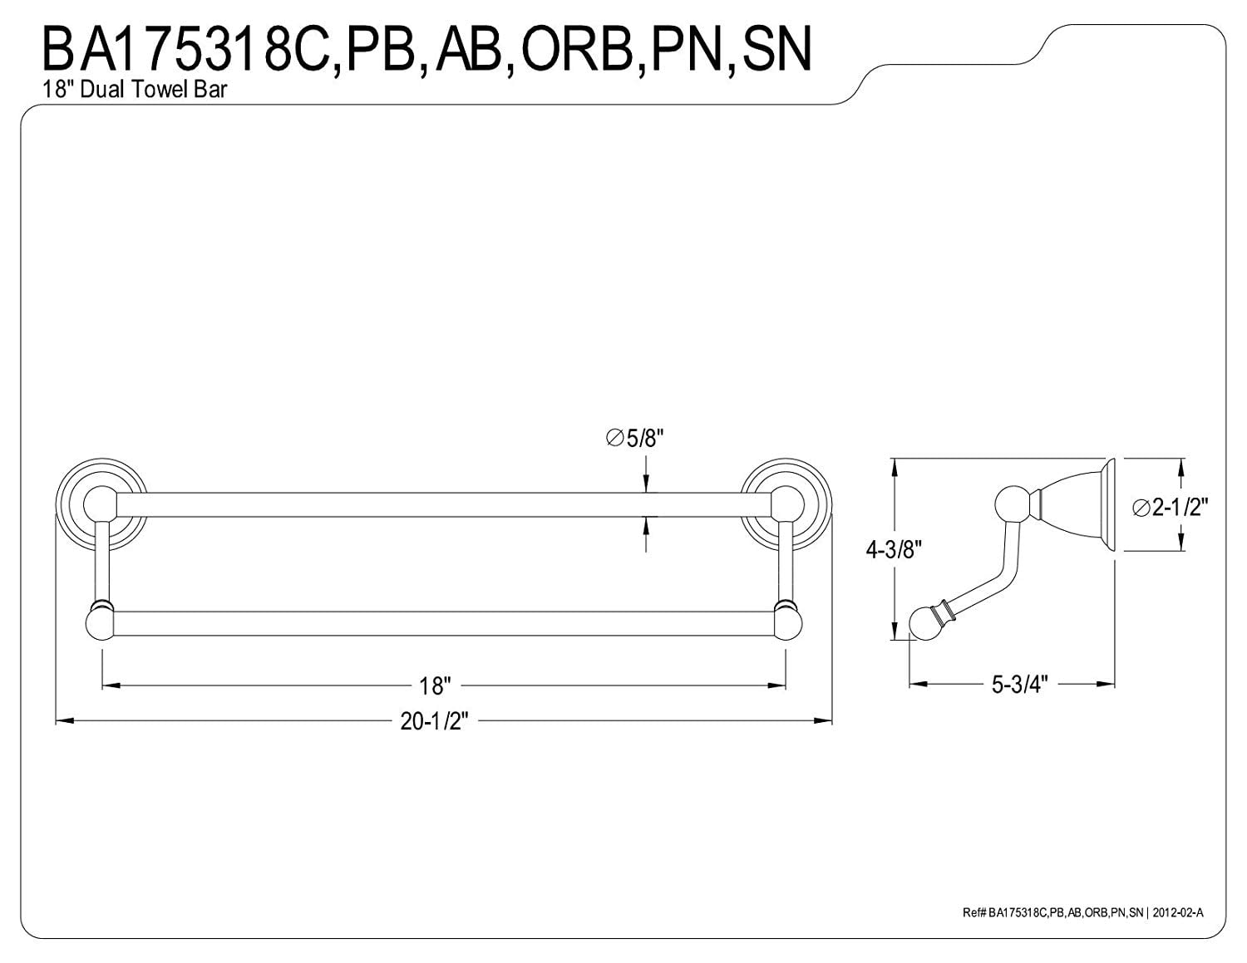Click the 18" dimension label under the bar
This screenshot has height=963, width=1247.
[x=435, y=686]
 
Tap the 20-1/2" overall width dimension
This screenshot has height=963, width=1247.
[x=435, y=721]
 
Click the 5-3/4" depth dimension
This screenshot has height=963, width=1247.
[x=1019, y=684]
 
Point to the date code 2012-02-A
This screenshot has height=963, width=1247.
[x=1176, y=912]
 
